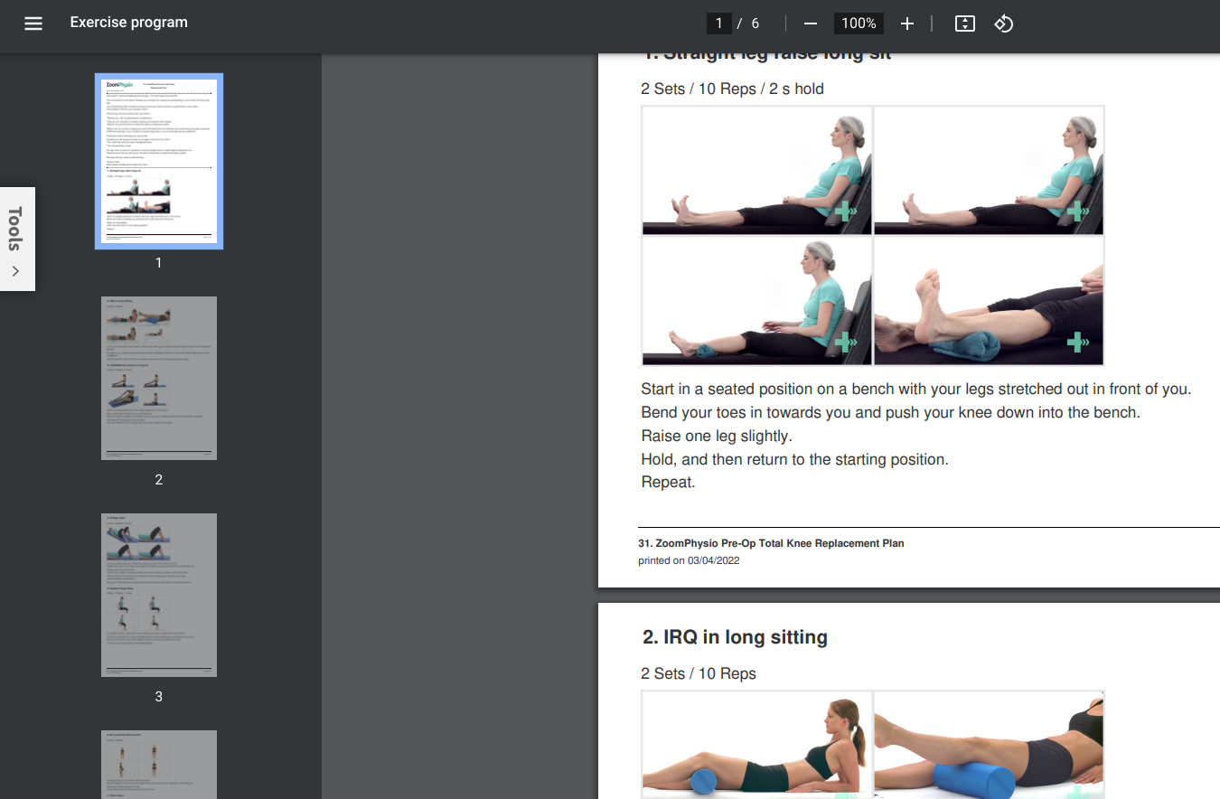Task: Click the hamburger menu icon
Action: tap(33, 23)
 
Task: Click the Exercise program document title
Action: tap(128, 23)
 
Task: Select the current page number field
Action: tap(718, 23)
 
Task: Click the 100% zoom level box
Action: tap(858, 23)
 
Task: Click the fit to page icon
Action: tap(964, 23)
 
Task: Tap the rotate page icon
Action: tap(1003, 23)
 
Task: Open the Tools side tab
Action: tap(16, 239)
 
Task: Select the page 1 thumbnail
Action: tap(159, 161)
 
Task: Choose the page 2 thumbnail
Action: tap(159, 378)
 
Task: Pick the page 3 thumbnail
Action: tap(159, 595)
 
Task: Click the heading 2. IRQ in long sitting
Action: tap(735, 637)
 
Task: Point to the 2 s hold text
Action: tap(796, 89)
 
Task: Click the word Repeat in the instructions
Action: tap(668, 483)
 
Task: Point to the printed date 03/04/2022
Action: tap(713, 560)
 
